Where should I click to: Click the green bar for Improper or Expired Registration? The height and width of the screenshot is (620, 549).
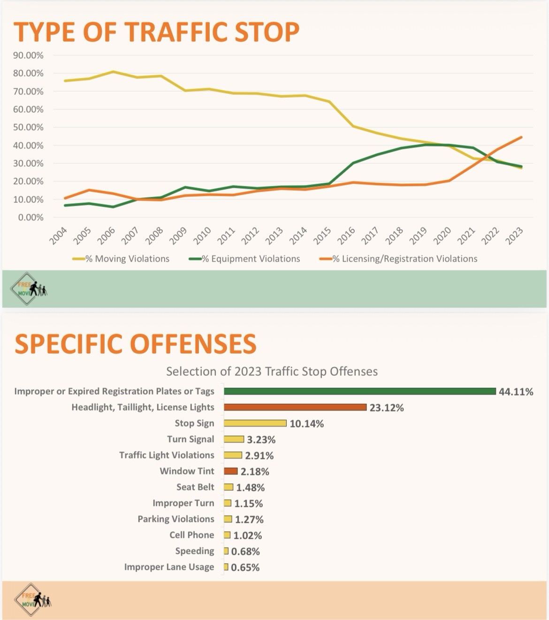pyautogui.click(x=359, y=391)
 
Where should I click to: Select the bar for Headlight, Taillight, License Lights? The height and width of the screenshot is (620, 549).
pyautogui.click(x=295, y=407)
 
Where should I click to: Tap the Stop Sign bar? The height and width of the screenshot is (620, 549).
pyautogui.click(x=255, y=423)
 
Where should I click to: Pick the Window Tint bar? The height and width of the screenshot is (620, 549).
pyautogui.click(x=231, y=471)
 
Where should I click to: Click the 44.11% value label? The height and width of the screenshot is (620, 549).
pyautogui.click(x=516, y=392)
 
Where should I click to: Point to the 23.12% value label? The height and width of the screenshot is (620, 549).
pyautogui.click(x=387, y=408)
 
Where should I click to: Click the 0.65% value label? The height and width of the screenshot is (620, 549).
pyautogui.click(x=245, y=567)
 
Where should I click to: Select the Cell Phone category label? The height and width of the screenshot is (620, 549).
pyautogui.click(x=191, y=535)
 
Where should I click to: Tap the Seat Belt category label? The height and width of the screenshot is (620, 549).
pyautogui.click(x=195, y=487)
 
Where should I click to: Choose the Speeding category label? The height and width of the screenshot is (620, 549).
pyautogui.click(x=195, y=551)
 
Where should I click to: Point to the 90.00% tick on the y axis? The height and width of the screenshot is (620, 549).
pyautogui.click(x=28, y=55)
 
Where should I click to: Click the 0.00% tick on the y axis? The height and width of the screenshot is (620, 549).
pyautogui.click(x=30, y=217)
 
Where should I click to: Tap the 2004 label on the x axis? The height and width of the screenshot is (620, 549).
pyautogui.click(x=59, y=236)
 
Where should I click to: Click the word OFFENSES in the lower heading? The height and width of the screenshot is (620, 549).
pyautogui.click(x=193, y=344)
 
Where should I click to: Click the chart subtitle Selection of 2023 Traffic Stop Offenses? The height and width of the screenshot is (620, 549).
pyautogui.click(x=272, y=372)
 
